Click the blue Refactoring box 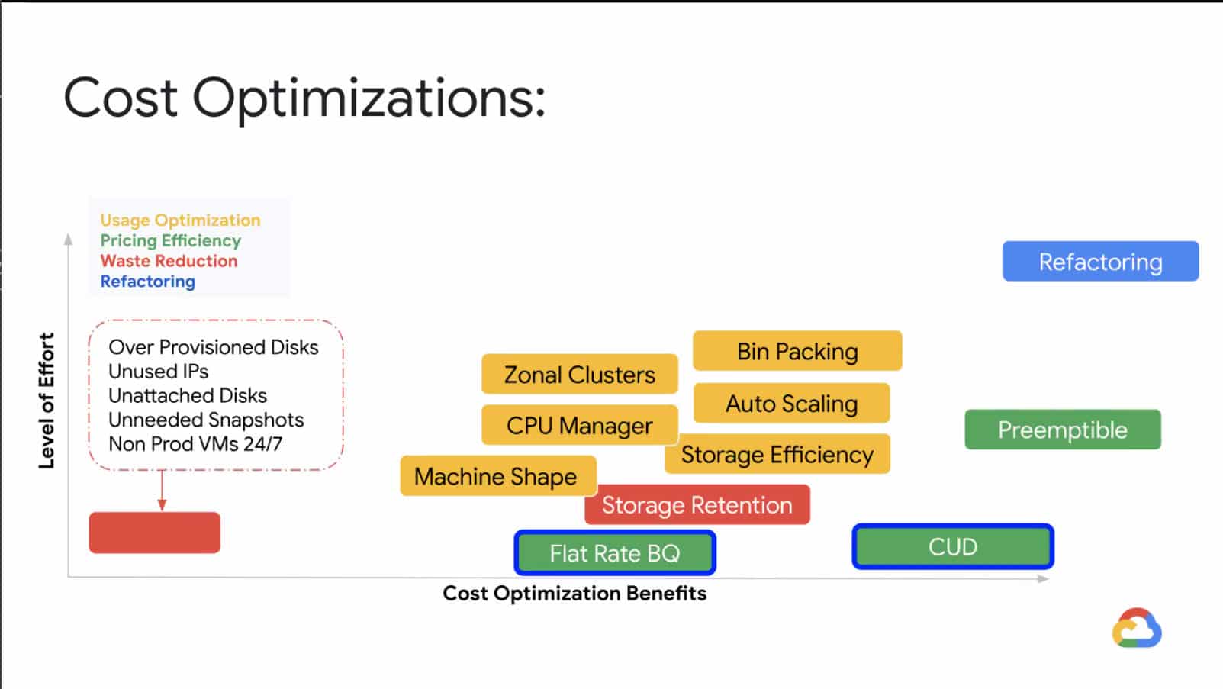click(1101, 261)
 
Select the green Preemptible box click(1063, 430)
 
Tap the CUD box click(953, 546)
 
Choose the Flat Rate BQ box click(615, 552)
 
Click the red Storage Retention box click(697, 504)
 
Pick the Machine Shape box click(498, 476)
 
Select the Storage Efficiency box click(777, 454)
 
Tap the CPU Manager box click(580, 425)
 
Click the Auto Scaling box click(792, 403)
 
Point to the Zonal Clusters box click(580, 374)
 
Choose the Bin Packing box click(797, 350)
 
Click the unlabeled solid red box click(155, 533)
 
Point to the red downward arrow click(163, 491)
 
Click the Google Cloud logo click(1137, 628)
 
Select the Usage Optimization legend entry click(180, 220)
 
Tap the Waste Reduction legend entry click(169, 261)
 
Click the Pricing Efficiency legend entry click(170, 241)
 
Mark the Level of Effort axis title click(47, 401)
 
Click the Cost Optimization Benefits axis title click(574, 593)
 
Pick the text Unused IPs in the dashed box click(159, 372)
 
